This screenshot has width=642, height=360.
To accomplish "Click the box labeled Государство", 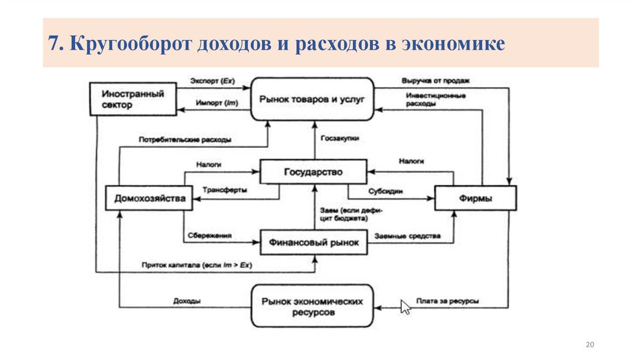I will [313, 172].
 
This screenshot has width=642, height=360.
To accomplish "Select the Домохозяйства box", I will [149, 199].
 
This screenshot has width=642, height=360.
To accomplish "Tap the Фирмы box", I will [476, 198].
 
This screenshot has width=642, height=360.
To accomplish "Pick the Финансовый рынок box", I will [313, 243].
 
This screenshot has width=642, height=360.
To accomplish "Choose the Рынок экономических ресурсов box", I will [313, 306].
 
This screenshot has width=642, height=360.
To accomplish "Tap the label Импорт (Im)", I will [211, 103].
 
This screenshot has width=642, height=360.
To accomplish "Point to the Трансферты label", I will [225, 189].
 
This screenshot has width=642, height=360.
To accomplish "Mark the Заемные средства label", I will [408, 236].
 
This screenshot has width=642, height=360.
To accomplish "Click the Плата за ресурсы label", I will [448, 301].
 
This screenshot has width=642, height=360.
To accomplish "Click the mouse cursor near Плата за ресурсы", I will [406, 307].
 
